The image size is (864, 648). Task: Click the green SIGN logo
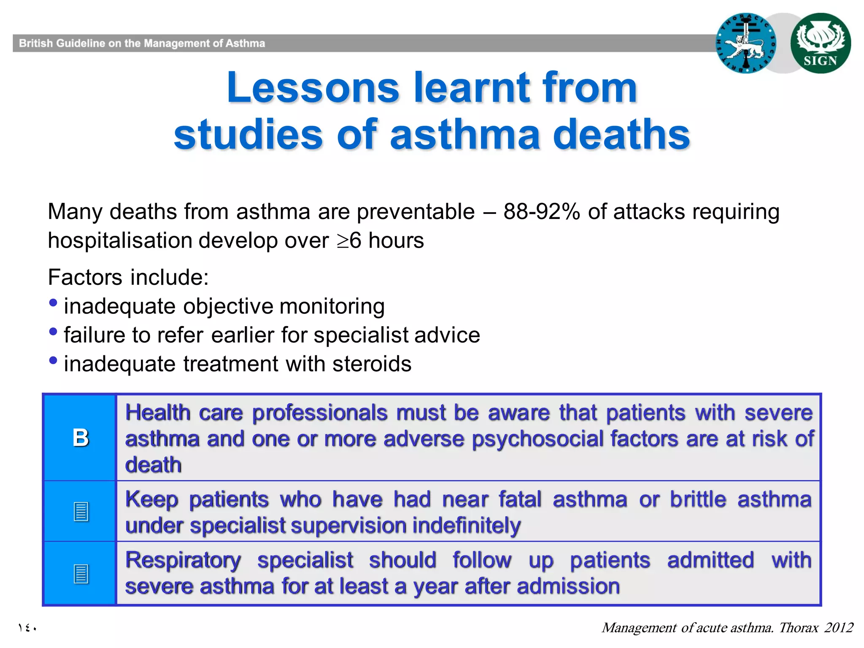click(x=820, y=43)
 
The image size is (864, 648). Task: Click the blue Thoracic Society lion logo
click(x=746, y=43)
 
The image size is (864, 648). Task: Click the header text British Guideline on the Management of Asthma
click(x=142, y=43)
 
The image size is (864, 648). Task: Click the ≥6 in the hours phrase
click(x=349, y=240)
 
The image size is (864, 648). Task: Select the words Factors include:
click(x=128, y=278)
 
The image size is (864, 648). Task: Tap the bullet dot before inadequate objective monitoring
click(x=53, y=303)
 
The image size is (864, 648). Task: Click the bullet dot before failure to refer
click(x=53, y=332)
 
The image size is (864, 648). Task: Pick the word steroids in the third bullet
click(x=372, y=364)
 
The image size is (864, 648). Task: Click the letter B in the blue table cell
click(x=80, y=437)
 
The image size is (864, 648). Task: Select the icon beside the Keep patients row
click(x=81, y=511)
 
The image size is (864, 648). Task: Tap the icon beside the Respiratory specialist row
click(x=81, y=574)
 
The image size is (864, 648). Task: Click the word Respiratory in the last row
click(x=183, y=560)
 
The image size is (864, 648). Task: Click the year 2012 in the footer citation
click(x=839, y=628)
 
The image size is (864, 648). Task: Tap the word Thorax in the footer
click(x=798, y=628)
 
